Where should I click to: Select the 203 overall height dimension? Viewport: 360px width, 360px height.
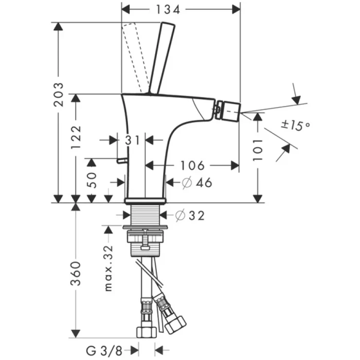click(60, 96)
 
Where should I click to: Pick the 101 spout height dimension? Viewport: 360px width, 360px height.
click(258, 148)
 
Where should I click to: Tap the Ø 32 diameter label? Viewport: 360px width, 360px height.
click(189, 215)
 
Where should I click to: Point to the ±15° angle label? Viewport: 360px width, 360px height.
click(295, 124)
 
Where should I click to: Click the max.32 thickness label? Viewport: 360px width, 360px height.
click(108, 267)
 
